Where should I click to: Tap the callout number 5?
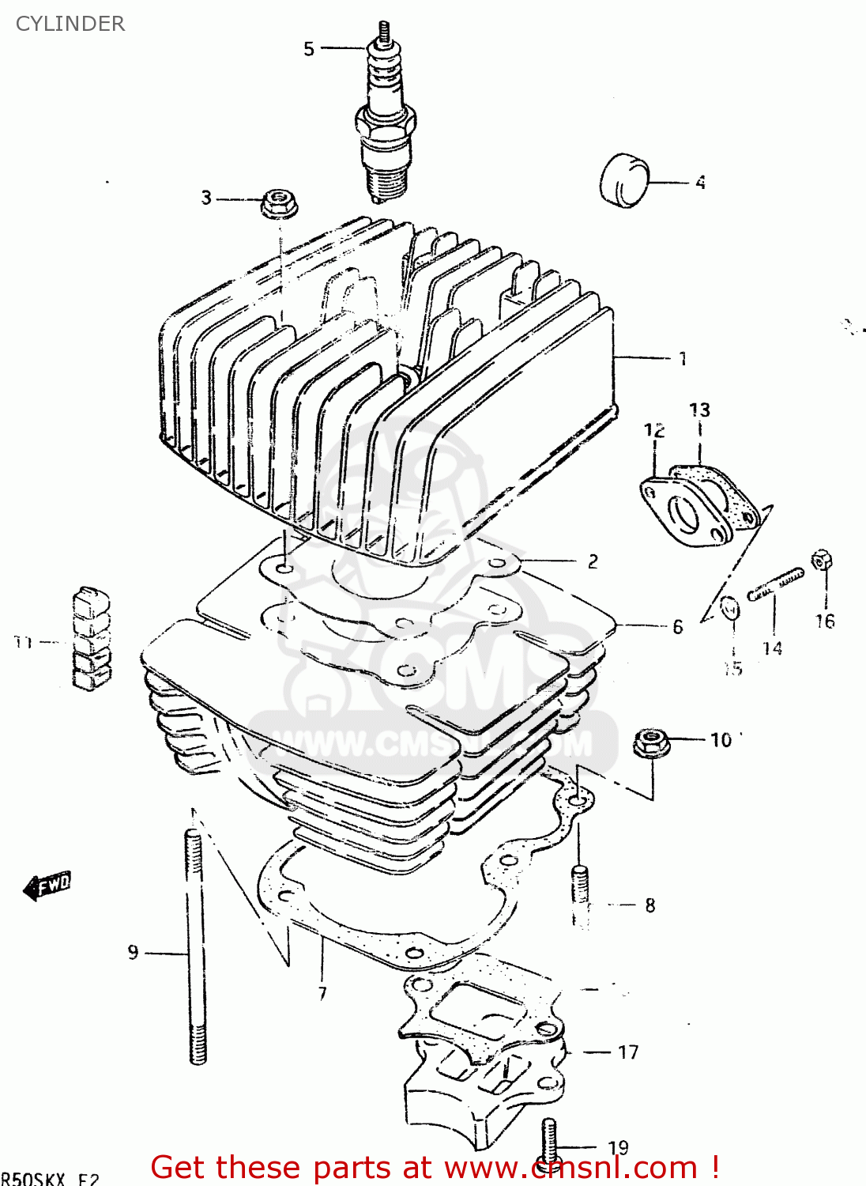[x=309, y=49]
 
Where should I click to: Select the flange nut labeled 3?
[x=278, y=204]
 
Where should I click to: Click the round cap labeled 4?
[x=623, y=181]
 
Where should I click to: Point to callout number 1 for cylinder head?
[x=683, y=359]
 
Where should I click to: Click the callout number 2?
[x=593, y=562]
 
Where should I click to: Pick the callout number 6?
[x=677, y=627]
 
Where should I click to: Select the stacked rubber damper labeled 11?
[x=92, y=637]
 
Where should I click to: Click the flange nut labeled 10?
[x=649, y=742]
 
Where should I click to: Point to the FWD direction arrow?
[x=47, y=886]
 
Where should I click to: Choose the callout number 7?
[x=322, y=994]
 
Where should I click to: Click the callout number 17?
[x=628, y=1052]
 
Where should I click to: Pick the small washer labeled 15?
[x=731, y=609]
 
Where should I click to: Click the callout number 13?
[x=699, y=410]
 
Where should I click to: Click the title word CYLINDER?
[x=70, y=24]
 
